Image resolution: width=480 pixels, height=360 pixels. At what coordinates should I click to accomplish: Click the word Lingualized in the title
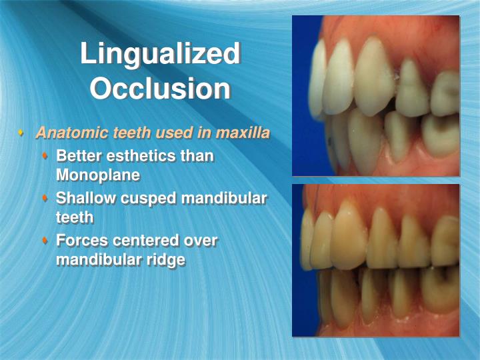click(x=160, y=53)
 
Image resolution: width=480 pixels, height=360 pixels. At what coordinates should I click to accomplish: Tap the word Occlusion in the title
click(x=160, y=88)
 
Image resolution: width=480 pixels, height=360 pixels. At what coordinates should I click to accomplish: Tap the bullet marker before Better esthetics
click(x=45, y=157)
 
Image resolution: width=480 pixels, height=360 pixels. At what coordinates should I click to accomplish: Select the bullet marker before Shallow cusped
click(x=45, y=199)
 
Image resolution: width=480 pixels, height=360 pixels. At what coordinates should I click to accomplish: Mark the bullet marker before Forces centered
click(x=45, y=240)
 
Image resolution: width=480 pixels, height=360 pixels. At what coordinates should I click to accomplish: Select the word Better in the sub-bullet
click(x=79, y=157)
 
